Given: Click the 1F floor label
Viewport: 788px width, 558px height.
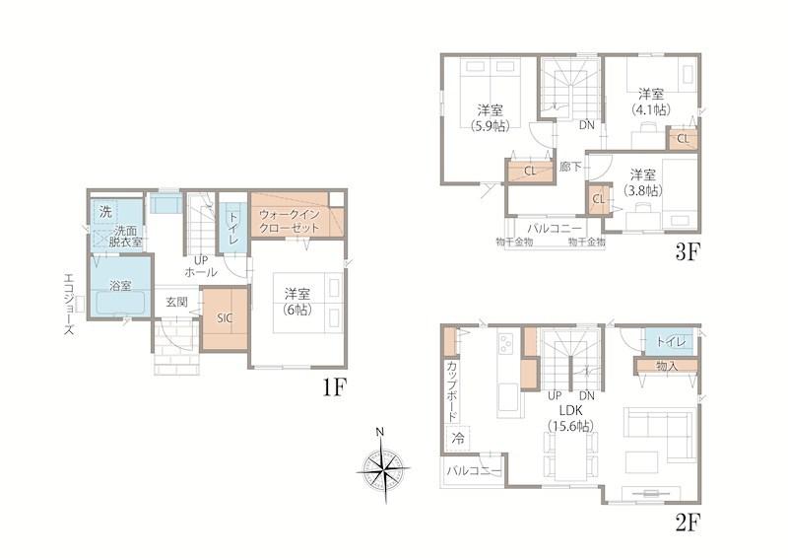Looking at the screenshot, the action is point(334,387).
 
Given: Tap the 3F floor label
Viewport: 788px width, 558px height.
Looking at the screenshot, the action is point(687,252).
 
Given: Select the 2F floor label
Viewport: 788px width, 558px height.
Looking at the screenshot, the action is point(687,523).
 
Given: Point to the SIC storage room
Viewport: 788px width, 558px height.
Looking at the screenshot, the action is point(225,318).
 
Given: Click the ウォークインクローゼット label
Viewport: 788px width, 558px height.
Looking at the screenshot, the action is point(289,222).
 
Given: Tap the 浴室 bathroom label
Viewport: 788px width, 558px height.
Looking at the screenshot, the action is point(120,286).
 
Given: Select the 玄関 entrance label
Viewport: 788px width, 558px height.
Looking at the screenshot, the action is point(177,302).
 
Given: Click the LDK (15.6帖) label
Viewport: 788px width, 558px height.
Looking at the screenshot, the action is point(570,418).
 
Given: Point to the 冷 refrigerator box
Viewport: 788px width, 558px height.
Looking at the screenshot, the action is point(458,438).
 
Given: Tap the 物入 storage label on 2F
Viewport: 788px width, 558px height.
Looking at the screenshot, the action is point(667,367).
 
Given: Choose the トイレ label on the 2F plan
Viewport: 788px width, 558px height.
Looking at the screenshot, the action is point(671,342).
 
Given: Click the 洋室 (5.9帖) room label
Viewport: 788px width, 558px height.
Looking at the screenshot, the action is point(490,117).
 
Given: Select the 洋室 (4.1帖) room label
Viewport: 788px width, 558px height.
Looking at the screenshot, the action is point(651,102).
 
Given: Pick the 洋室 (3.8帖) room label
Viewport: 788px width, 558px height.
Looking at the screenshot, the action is point(643,182).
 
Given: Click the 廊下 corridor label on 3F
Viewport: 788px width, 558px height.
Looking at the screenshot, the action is point(570,167).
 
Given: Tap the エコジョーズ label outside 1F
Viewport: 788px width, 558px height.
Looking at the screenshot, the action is point(69,305).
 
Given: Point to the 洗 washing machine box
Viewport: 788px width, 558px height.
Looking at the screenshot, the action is point(105,212).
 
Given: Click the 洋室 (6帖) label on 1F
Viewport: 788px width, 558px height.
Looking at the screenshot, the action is point(297,301).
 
